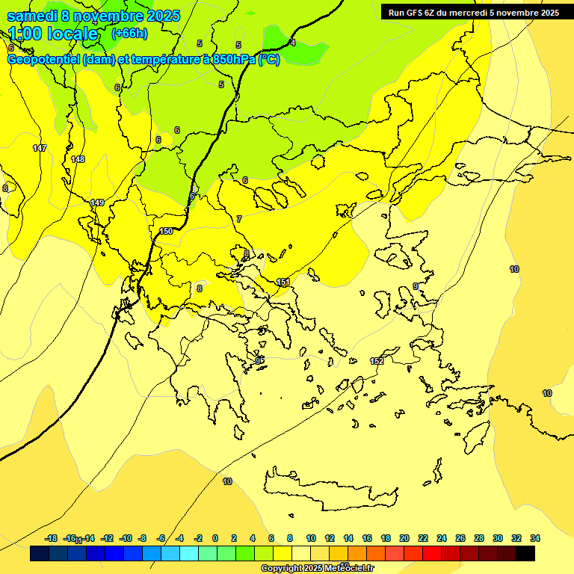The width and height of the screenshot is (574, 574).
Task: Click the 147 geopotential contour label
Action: point(40,148)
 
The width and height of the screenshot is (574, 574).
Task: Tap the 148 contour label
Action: point(78,159)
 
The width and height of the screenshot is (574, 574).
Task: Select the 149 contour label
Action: point(97,203)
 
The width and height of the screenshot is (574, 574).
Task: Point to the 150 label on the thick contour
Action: point(166,231)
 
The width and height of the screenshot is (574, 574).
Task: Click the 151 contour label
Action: point(283,282)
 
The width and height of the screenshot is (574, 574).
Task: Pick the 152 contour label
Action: point(377,361)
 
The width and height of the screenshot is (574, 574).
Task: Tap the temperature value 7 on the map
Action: point(239,219)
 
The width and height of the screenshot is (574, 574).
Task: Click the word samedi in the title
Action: point(33,16)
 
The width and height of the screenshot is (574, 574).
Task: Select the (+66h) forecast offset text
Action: point(129,34)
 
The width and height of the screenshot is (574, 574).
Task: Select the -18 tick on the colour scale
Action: point(51,538)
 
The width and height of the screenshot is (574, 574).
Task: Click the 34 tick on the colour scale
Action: point(535,538)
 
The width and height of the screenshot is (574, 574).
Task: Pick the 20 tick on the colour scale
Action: point(404,538)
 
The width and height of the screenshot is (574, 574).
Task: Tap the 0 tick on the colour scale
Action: point(215,538)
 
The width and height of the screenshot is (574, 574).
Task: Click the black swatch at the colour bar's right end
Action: point(525,554)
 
